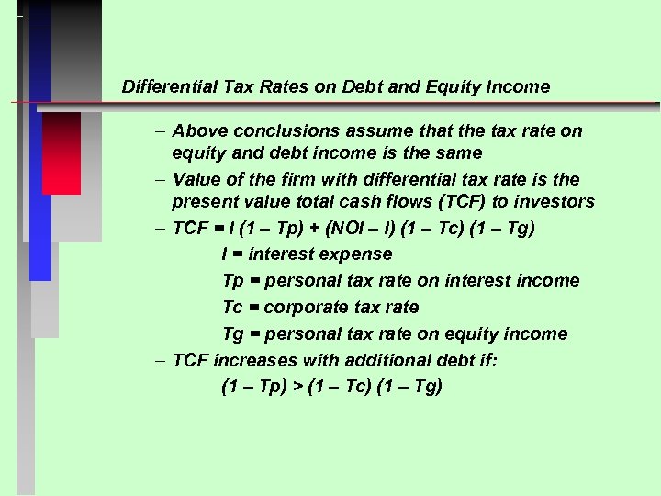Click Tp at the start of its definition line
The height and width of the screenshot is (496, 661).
[233, 280]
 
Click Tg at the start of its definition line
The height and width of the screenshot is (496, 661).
[233, 333]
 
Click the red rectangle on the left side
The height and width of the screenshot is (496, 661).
[62, 152]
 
